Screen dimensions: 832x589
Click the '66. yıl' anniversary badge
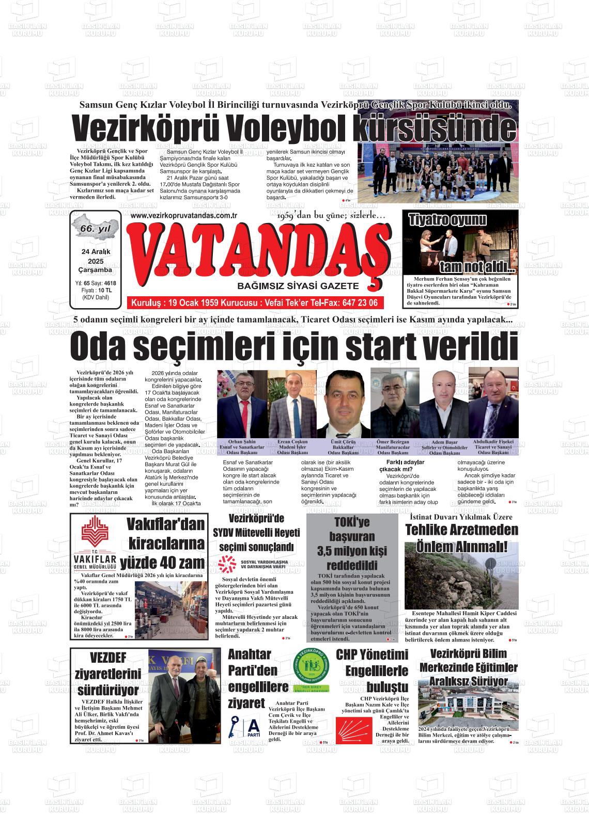point(96,228)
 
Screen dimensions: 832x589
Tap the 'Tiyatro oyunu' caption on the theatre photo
point(447,220)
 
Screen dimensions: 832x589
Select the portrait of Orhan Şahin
point(242,404)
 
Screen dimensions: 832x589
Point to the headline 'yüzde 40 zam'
point(162,563)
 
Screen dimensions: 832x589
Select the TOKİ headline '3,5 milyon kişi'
point(352,550)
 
